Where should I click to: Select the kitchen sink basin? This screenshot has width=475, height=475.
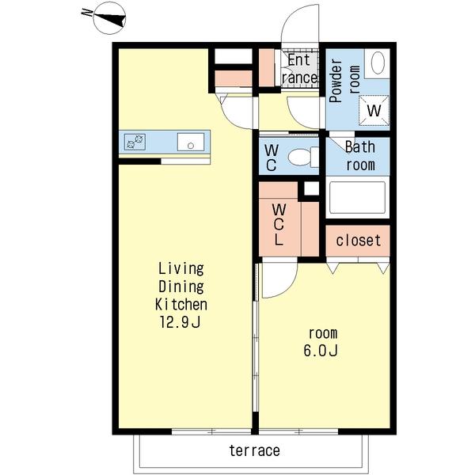point(191,142)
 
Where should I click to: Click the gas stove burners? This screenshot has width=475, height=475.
point(135,142)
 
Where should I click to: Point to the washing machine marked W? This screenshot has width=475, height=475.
point(374,110)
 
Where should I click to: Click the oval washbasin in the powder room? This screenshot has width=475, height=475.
point(378,63)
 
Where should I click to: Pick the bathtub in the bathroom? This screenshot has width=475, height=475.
point(358,197)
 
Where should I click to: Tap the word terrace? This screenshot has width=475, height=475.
point(254,450)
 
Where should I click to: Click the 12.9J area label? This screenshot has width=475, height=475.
point(180,322)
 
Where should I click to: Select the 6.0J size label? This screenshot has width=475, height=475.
point(321,351)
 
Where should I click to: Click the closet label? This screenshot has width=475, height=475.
point(358,240)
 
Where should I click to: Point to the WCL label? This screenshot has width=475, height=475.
point(279,225)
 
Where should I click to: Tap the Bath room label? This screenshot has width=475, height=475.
point(360,156)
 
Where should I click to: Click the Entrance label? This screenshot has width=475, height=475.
point(299,69)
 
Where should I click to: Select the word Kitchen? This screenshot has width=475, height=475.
point(181,304)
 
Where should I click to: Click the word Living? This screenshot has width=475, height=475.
point(181,268)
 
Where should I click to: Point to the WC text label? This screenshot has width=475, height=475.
point(271,158)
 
